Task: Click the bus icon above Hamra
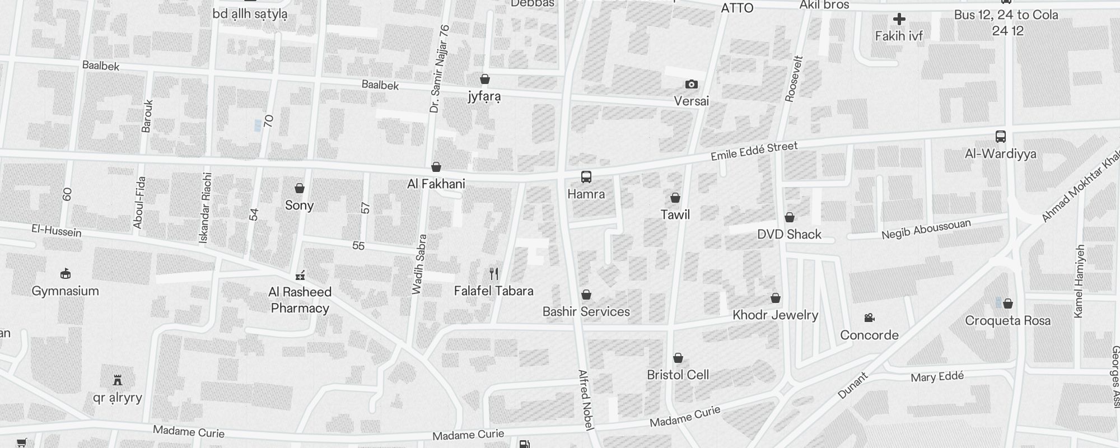[x=586, y=178]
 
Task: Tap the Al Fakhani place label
[x=436, y=184]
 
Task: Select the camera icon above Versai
[x=692, y=85]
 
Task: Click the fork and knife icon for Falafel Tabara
[x=493, y=274]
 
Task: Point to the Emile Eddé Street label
[x=754, y=151]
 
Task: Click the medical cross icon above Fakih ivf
[x=899, y=20]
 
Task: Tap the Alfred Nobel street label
[x=585, y=400]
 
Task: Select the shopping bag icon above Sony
[x=300, y=188]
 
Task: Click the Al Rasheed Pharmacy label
[x=300, y=300]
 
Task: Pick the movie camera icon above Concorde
[x=869, y=318]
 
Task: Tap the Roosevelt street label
[x=795, y=78]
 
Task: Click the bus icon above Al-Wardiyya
[x=1000, y=137]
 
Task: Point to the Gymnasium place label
[x=66, y=291]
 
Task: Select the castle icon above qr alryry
[x=118, y=381]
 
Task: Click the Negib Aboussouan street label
[x=926, y=229]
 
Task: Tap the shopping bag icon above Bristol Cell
[x=678, y=358]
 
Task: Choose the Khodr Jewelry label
[x=775, y=315]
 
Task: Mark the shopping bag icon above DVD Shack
[x=789, y=217]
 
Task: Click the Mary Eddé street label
[x=937, y=377]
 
